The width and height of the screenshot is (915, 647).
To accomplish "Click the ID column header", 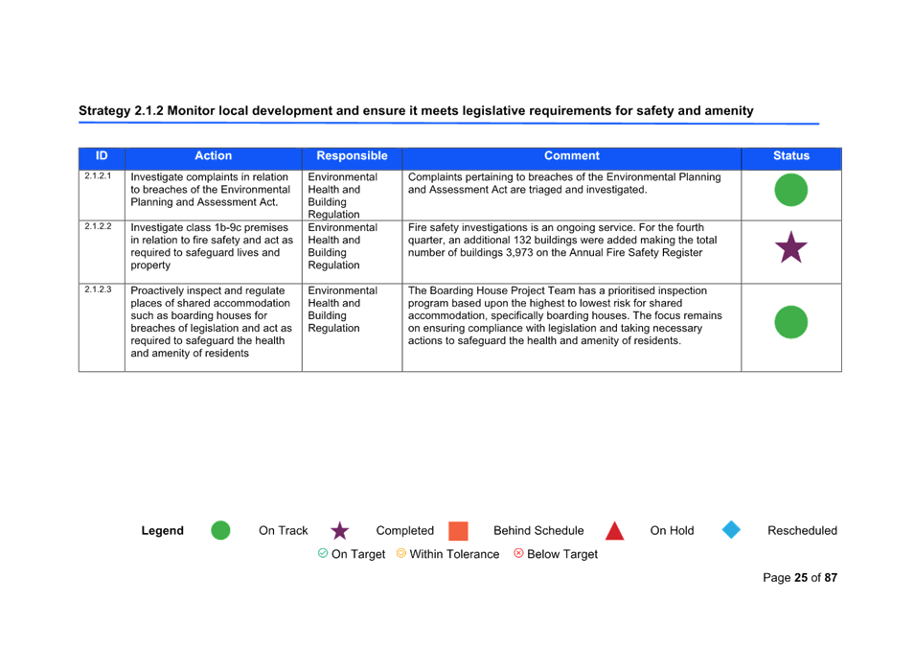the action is tap(102, 156).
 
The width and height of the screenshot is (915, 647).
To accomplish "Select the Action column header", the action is tap(213, 156).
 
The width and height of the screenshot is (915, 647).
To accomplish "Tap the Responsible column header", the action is tap(352, 156).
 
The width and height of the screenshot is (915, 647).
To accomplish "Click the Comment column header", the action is tap(571, 156).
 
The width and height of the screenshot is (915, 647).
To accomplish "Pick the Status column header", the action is tap(791, 156).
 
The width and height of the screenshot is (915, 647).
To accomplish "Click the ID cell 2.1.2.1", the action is tap(98, 175).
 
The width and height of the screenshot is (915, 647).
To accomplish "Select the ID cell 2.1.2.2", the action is tap(98, 226).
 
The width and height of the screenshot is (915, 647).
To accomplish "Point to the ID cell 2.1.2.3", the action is tap(98, 289).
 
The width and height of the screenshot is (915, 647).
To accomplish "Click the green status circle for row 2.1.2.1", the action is tap(791, 190).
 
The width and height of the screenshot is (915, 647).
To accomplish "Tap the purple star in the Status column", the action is tap(791, 247).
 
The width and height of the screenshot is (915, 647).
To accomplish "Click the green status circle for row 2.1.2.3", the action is tap(791, 322).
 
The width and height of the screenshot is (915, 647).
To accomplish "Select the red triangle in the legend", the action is tap(614, 530).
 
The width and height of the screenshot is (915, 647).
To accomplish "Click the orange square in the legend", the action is tap(459, 531).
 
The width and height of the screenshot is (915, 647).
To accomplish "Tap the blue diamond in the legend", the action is tap(731, 530).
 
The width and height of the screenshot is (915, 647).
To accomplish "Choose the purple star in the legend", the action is tap(339, 531).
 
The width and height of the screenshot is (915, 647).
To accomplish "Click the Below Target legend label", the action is tap(562, 554).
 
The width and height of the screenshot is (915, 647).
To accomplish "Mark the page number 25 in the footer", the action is tap(800, 578).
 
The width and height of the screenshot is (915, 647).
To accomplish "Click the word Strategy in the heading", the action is tap(104, 111).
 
